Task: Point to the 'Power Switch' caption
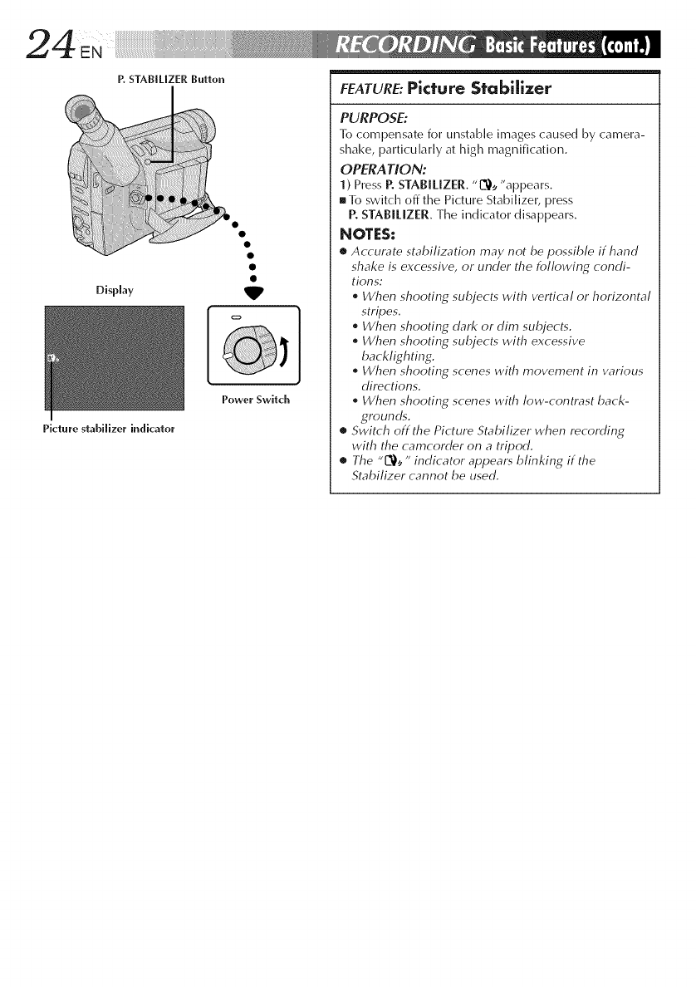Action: tap(255, 400)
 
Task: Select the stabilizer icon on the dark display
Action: tap(53, 360)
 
